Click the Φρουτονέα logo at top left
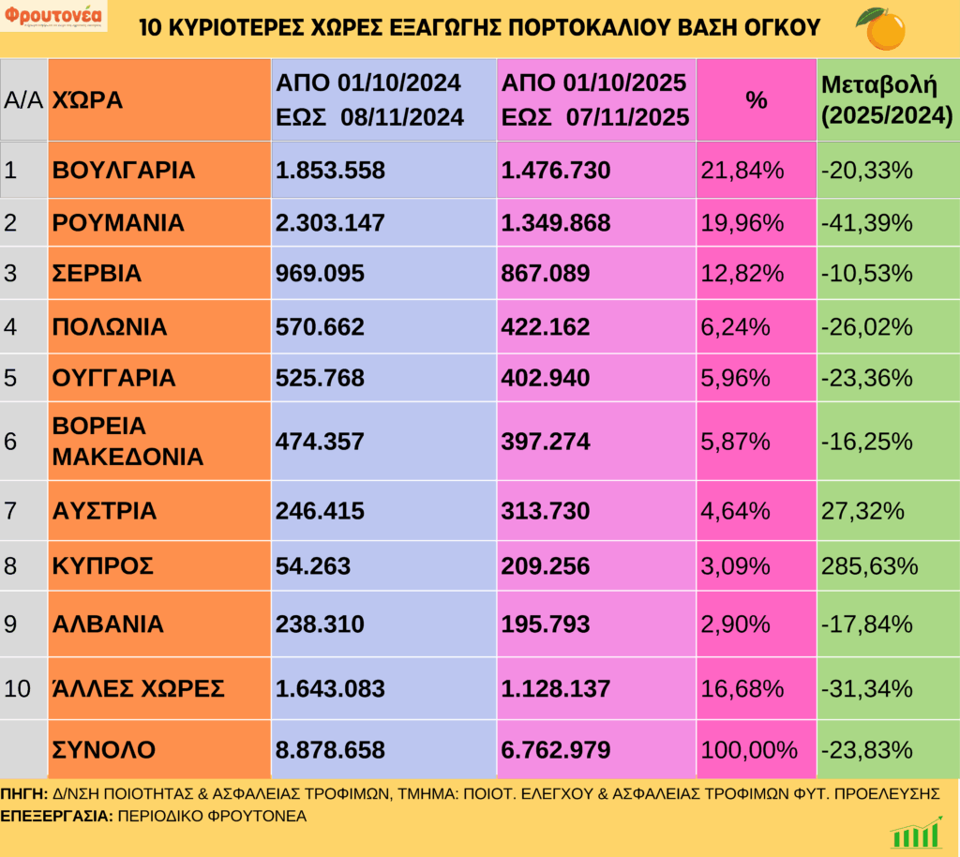(55, 18)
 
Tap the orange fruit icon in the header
(880, 28)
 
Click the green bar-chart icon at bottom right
(916, 833)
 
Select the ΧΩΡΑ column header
(88, 100)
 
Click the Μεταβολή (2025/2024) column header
(886, 100)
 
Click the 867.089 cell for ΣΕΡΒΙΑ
(546, 274)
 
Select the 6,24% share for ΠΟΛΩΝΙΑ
(736, 326)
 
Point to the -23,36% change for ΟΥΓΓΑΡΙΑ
(866, 378)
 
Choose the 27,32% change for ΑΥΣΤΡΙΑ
(861, 511)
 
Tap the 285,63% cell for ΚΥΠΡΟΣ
(867, 566)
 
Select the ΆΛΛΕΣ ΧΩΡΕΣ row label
(139, 688)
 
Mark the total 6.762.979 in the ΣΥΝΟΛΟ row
(557, 749)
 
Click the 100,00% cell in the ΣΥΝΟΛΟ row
(748, 749)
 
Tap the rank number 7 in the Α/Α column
(10, 511)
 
